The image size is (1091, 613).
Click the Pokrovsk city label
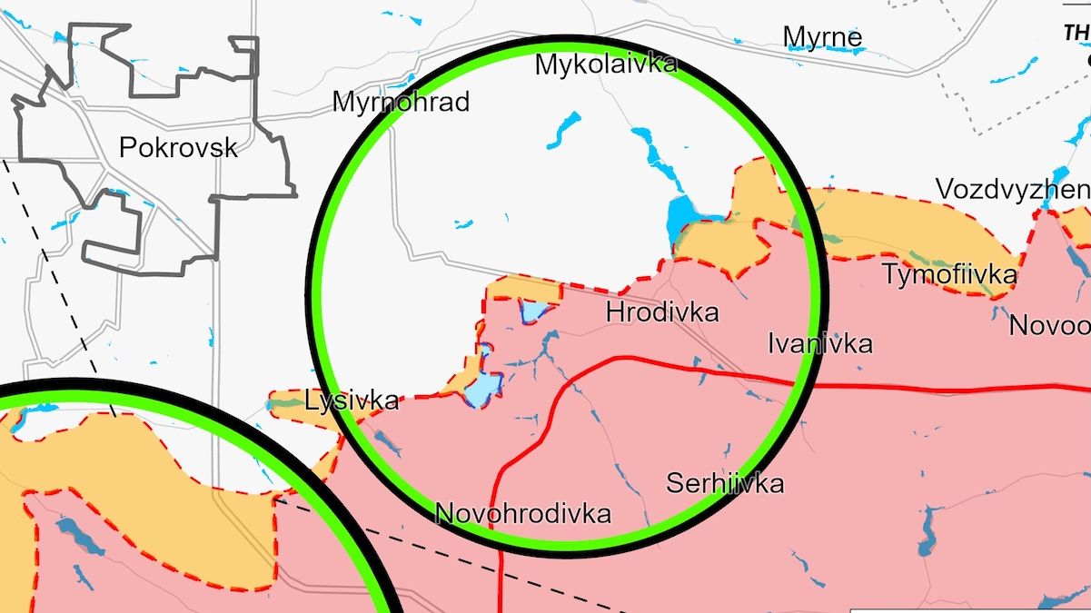(x=178, y=147)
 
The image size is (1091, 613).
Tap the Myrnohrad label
(x=401, y=101)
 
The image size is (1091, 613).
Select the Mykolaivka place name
(x=606, y=64)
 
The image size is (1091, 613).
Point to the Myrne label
(x=823, y=37)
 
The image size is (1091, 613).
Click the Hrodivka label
(x=661, y=312)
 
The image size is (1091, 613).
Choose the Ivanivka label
(x=819, y=343)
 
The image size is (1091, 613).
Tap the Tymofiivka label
(x=949, y=273)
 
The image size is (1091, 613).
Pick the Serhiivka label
(x=724, y=483)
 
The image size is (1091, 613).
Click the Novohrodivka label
(x=523, y=513)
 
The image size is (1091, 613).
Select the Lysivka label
(x=352, y=400)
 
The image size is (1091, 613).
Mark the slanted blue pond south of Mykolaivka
(x=564, y=129)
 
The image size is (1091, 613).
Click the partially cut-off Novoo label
(x=1049, y=325)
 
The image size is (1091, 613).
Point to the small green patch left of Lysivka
(x=287, y=400)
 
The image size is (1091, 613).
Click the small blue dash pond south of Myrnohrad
(x=463, y=223)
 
